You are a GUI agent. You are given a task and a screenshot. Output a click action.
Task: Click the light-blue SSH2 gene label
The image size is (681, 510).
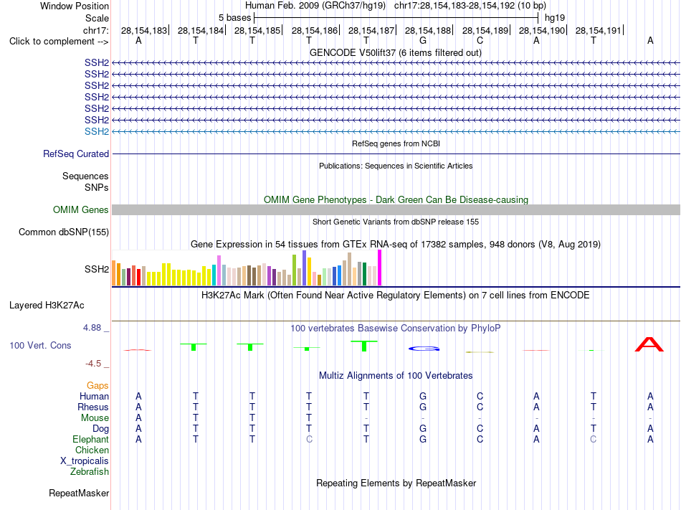point(97,131)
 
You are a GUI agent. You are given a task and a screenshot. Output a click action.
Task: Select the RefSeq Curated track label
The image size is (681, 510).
point(76,154)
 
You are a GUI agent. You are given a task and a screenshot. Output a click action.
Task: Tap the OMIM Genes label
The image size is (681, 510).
point(81,210)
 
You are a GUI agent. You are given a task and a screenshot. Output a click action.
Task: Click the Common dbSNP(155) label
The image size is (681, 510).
point(64,232)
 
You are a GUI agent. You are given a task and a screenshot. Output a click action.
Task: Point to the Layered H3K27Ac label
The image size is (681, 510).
point(47,306)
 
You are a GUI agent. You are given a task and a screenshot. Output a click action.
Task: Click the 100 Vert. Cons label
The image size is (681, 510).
point(40,345)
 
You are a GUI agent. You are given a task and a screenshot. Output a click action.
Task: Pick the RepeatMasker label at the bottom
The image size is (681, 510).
point(79,493)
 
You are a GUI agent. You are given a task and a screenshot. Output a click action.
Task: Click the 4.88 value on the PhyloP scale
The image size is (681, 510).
point(92,328)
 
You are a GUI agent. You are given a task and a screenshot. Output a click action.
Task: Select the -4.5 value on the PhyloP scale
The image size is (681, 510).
point(93,363)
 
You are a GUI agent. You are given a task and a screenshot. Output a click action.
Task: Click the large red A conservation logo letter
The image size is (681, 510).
point(649,344)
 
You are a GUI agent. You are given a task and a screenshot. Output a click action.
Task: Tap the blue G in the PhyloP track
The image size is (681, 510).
point(424,349)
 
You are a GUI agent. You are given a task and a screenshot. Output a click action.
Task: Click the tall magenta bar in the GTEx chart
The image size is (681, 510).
point(380,268)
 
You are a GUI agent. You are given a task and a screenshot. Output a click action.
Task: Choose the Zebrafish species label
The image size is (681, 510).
point(90,471)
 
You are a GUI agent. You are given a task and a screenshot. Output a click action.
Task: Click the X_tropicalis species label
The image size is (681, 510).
point(85,461)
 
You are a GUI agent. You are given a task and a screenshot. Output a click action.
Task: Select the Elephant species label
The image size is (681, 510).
point(91,439)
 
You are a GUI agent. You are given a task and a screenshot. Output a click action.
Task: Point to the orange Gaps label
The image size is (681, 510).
point(97,385)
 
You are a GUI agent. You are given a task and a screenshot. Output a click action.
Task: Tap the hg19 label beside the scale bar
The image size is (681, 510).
point(555,18)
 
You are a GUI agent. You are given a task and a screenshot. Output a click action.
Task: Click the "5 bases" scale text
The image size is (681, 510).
point(234,18)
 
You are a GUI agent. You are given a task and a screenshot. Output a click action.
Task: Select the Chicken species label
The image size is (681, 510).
point(92,450)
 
